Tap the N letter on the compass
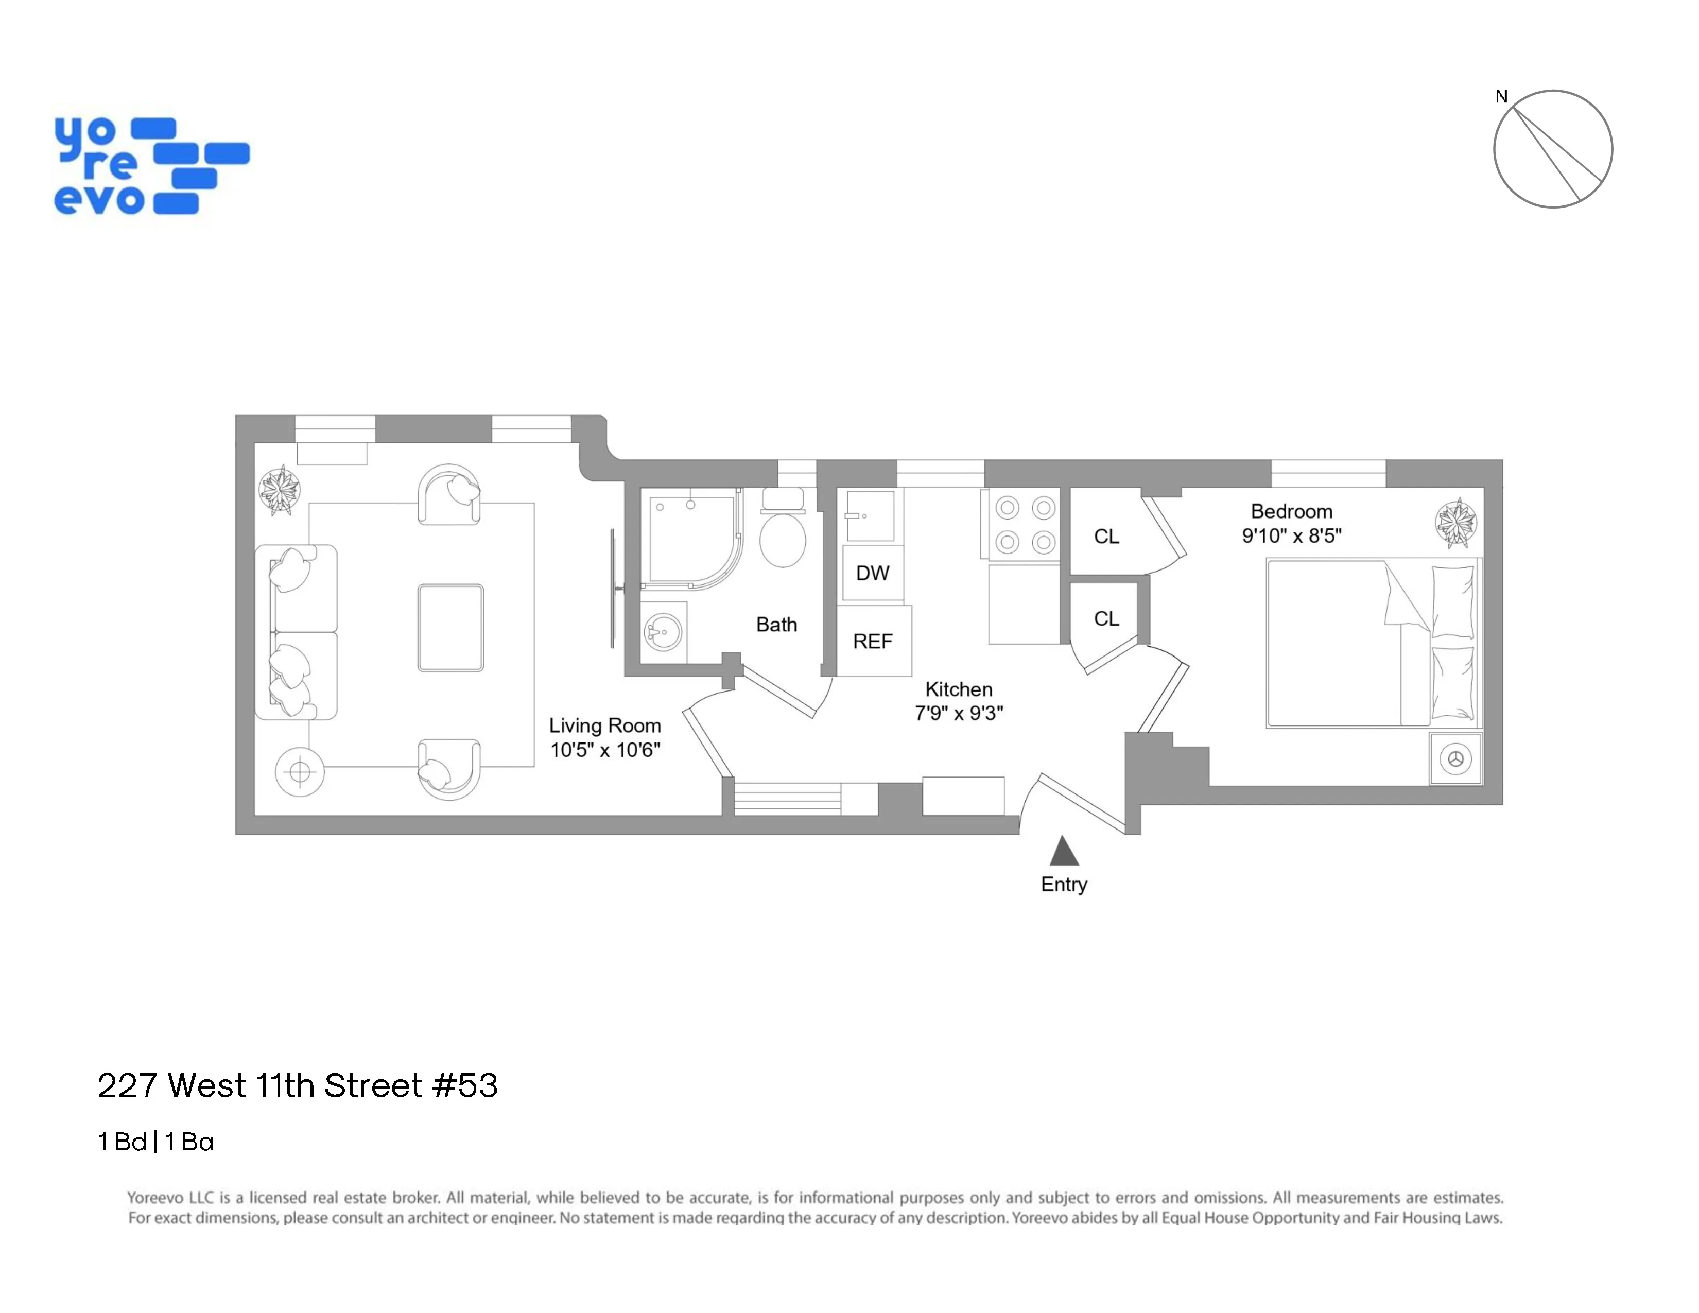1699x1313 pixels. (x=1501, y=96)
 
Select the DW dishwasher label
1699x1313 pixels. (x=872, y=573)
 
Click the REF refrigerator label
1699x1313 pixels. (x=872, y=642)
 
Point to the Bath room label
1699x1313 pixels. (x=776, y=625)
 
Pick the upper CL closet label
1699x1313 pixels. (x=1106, y=537)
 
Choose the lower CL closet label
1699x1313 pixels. (x=1106, y=618)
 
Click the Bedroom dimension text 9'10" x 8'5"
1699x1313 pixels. (x=1291, y=536)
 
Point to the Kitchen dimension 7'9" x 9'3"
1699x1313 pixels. (x=959, y=713)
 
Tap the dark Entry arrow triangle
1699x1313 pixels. (x=1064, y=851)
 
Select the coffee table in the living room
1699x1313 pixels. (x=450, y=628)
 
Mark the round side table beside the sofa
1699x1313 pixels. (x=300, y=772)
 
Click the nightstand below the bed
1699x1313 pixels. (x=1455, y=758)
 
